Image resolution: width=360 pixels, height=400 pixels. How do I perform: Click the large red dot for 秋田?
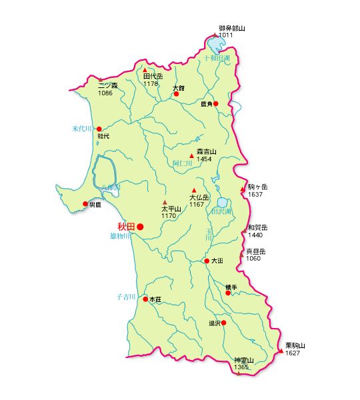(x=140, y=227)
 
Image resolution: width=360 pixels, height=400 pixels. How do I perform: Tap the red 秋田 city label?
(x=126, y=227)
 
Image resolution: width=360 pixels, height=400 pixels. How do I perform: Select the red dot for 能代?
(x=99, y=129)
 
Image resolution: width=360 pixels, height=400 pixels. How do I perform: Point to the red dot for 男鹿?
(x=85, y=204)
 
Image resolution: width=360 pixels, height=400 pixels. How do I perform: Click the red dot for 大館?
(x=177, y=94)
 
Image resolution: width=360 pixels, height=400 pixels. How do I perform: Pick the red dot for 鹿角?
(x=215, y=103)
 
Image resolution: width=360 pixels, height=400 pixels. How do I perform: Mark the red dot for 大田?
(x=207, y=261)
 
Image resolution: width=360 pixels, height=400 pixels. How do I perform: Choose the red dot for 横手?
(x=228, y=293)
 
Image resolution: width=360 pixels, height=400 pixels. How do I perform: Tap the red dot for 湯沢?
(x=223, y=323)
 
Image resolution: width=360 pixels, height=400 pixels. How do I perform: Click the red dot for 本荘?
(x=145, y=299)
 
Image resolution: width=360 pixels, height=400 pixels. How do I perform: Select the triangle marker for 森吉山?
(x=192, y=156)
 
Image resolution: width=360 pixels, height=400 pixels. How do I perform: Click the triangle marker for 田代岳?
(x=145, y=69)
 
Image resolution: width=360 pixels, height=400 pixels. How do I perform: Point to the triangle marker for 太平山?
(x=165, y=202)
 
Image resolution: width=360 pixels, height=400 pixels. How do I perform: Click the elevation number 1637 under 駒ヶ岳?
(x=256, y=194)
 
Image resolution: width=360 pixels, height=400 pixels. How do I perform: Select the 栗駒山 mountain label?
(x=295, y=345)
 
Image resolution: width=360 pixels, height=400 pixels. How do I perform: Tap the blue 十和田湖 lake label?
(x=215, y=59)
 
